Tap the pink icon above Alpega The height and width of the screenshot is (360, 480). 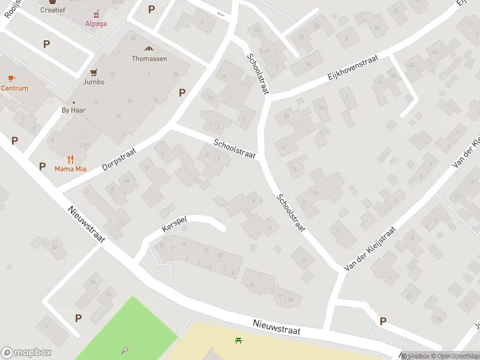click(x=96, y=14)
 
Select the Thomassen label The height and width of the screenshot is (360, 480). click(x=149, y=59)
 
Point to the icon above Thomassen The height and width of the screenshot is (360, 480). click(x=149, y=49)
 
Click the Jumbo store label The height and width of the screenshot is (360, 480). click(x=94, y=82)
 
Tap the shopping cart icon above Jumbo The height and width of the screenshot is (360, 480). click(x=94, y=72)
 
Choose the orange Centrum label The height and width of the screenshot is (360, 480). click(x=14, y=88)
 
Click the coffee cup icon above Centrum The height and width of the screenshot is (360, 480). click(x=11, y=78)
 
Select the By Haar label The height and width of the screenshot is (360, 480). click(x=74, y=110)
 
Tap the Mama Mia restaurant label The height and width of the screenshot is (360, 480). click(x=70, y=169)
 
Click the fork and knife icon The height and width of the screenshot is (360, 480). click(x=70, y=159)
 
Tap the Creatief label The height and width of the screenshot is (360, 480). click(x=52, y=10)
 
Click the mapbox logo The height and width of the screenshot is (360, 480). click(x=26, y=353)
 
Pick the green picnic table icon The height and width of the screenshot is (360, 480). click(x=239, y=340)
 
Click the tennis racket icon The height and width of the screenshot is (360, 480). click(x=124, y=349)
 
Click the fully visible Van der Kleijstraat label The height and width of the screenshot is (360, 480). click(x=370, y=249)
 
